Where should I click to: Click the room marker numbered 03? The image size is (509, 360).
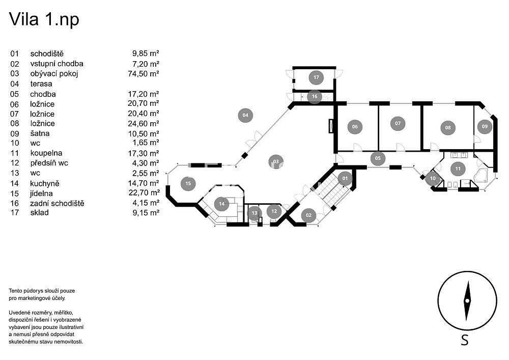tap(276, 161)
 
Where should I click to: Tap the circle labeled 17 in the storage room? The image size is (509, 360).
tap(316, 77)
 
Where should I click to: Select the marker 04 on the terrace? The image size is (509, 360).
tap(245, 115)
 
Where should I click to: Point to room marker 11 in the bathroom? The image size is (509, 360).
tap(458, 169)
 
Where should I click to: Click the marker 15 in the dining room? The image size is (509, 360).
tap(188, 183)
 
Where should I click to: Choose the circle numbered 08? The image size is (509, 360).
tap(447, 128)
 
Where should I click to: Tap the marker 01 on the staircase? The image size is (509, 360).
tap(345, 178)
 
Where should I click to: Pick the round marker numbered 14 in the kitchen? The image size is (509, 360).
tap(222, 204)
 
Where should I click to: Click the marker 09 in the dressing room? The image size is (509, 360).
tap(485, 126)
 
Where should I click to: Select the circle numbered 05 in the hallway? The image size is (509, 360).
tap(378, 158)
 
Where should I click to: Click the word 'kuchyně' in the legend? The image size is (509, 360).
tap(45, 183)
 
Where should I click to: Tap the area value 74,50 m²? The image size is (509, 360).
tap(144, 74)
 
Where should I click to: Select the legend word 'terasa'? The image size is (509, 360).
tap(41, 84)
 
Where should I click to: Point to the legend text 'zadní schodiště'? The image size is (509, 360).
tap(57, 203)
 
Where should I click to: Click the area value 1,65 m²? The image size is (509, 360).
tap(146, 143)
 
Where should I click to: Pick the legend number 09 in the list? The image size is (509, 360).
tap(15, 133)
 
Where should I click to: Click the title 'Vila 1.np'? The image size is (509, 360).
tap(44, 19)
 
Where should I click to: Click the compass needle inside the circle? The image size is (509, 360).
tap(467, 301)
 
